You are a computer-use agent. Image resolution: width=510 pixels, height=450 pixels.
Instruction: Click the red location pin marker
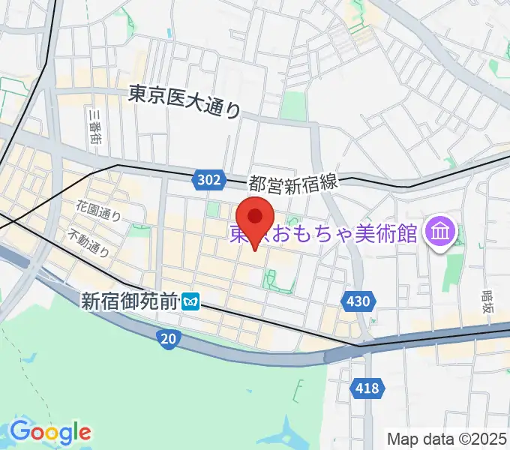[x=256, y=218]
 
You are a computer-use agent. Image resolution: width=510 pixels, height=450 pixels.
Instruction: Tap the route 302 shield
[x=210, y=179]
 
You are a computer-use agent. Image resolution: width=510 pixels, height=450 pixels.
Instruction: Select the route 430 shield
[x=358, y=301]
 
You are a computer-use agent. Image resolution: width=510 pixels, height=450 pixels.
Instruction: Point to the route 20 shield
[x=169, y=340]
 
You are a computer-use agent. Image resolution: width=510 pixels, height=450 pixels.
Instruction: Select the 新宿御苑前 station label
[x=130, y=301]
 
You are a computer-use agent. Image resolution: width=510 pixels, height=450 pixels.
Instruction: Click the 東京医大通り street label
[x=184, y=101]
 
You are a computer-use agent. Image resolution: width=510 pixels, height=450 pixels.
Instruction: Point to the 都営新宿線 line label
[x=295, y=182]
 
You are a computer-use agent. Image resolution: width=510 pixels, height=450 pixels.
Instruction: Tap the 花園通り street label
[x=98, y=210]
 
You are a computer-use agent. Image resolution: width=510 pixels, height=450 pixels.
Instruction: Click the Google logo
[x=50, y=431]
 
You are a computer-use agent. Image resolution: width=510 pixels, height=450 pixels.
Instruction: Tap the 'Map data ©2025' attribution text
[x=447, y=439]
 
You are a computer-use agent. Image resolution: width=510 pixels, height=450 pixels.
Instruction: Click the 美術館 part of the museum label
[x=388, y=233]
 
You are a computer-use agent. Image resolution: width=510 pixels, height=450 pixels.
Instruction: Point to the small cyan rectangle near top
[x=169, y=34]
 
